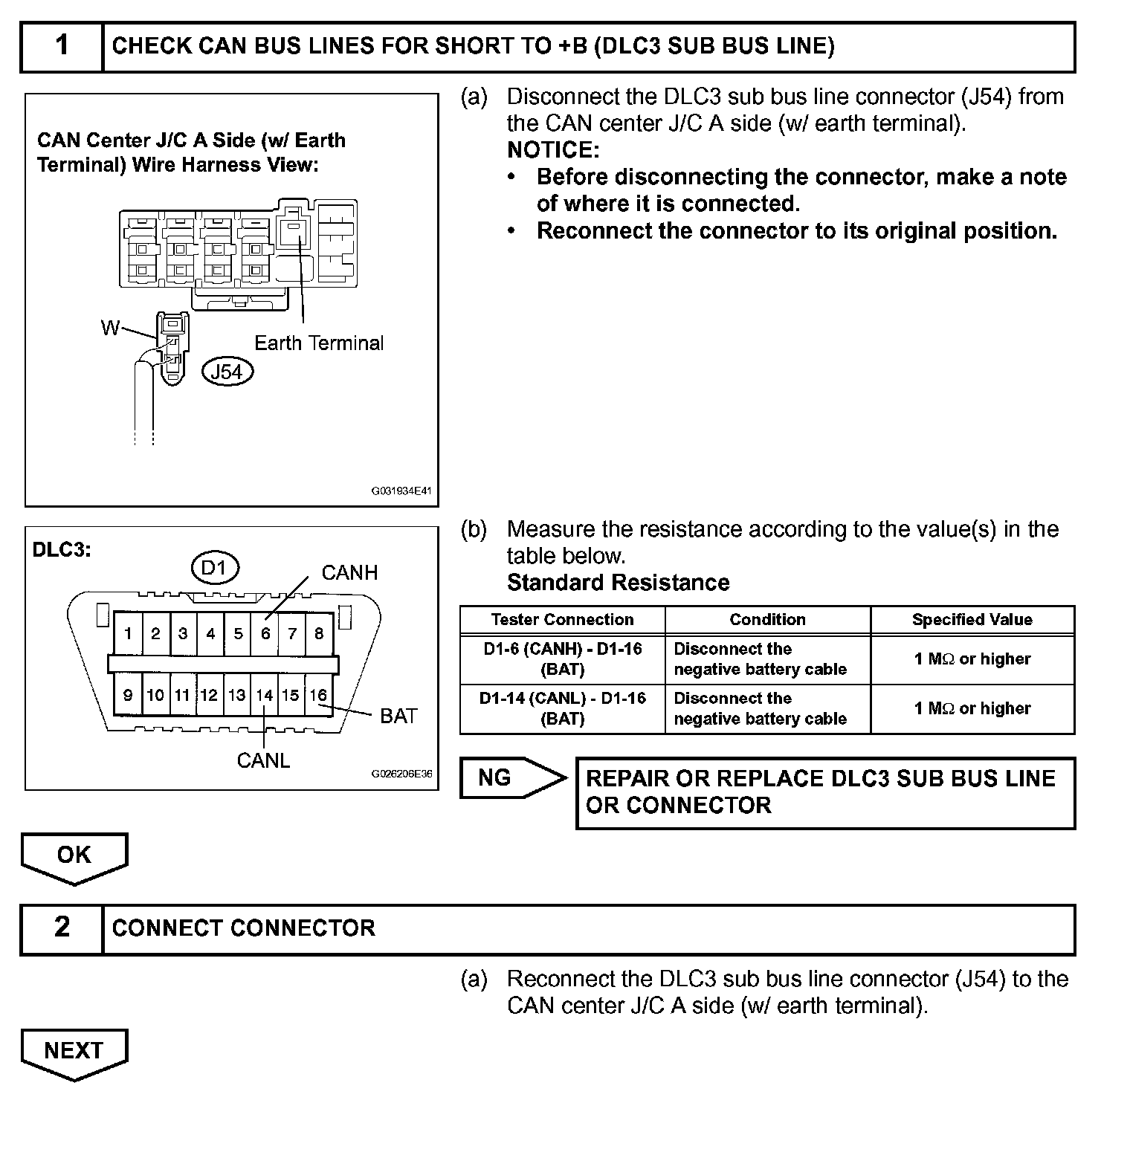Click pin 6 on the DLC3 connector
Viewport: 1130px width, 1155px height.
click(x=265, y=634)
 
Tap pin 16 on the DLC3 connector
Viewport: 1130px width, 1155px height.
click(x=318, y=696)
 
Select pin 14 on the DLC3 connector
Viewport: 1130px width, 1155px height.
click(x=264, y=696)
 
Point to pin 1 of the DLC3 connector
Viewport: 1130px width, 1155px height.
click(x=128, y=634)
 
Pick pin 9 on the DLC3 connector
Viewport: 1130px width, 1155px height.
click(x=128, y=696)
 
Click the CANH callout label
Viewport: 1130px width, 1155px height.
click(x=349, y=572)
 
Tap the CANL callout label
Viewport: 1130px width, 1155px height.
click(x=263, y=760)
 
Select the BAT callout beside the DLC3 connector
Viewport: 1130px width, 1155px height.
click(x=398, y=716)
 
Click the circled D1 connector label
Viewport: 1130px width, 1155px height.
click(x=214, y=569)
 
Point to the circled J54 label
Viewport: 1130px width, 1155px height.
click(x=227, y=371)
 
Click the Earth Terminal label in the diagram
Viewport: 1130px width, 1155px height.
click(x=319, y=343)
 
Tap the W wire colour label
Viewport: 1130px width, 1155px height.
click(x=110, y=328)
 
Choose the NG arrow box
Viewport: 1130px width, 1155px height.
click(x=511, y=778)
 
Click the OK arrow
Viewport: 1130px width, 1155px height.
click(x=74, y=856)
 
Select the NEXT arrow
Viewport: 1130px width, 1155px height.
click(x=74, y=1052)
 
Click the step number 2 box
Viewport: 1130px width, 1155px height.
click(x=62, y=928)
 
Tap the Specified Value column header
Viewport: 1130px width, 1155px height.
click(x=972, y=620)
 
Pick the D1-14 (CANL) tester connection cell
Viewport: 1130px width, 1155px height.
click(x=562, y=708)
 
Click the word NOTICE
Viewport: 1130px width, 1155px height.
click(x=553, y=150)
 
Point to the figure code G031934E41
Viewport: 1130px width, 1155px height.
click(x=401, y=491)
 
